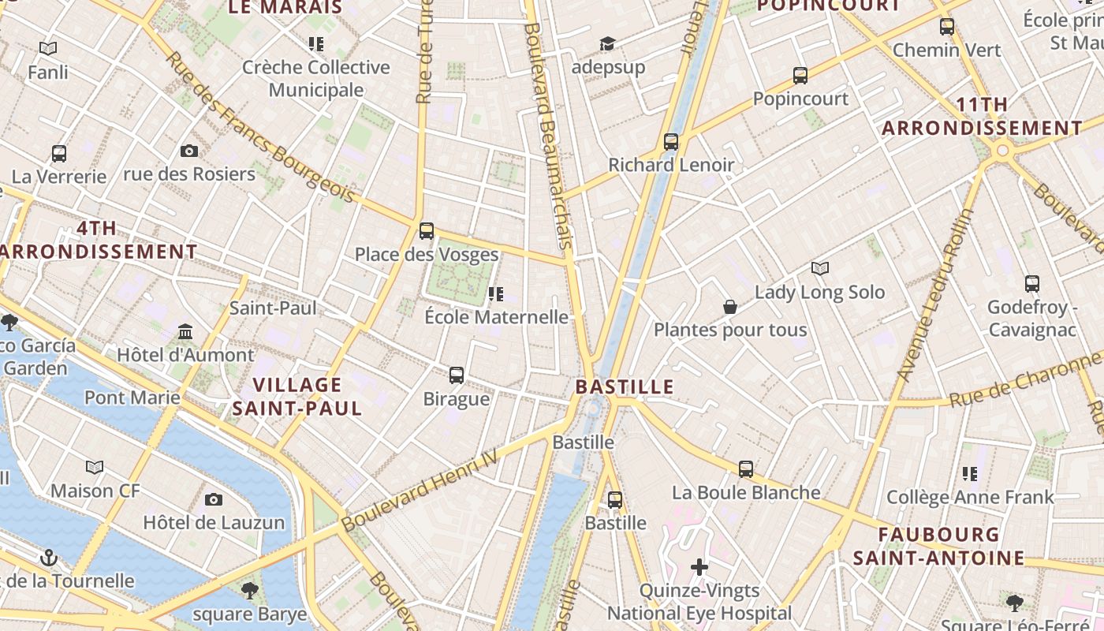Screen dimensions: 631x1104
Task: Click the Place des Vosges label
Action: point(426,254)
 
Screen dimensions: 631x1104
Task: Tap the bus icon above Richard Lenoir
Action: point(671,142)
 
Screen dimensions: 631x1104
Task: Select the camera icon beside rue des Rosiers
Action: point(189,151)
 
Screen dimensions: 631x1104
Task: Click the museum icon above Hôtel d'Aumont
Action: point(185,331)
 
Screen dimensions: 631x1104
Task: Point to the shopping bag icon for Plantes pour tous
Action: point(730,306)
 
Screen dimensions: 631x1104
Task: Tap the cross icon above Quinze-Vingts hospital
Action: point(699,566)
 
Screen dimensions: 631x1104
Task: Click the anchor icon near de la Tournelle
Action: point(49,558)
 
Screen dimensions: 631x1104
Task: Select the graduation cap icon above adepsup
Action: point(607,43)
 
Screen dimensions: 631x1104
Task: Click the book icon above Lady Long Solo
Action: point(820,269)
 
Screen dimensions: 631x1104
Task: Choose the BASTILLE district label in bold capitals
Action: point(625,386)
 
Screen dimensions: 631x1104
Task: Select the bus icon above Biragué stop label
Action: point(457,375)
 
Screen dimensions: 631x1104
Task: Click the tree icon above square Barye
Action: point(249,590)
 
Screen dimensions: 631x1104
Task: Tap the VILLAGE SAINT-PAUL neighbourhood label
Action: point(297,397)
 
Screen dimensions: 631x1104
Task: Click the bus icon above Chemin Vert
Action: point(947,27)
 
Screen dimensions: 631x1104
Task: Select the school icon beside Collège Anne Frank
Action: point(970,474)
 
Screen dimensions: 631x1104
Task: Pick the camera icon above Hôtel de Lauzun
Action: point(213,499)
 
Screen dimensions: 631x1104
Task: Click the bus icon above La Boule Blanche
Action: point(746,469)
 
